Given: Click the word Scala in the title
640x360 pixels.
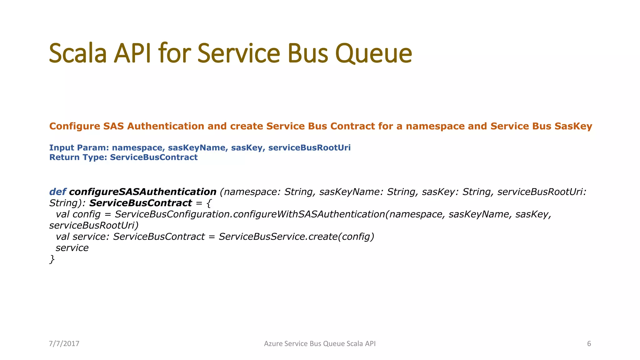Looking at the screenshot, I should (x=78, y=53).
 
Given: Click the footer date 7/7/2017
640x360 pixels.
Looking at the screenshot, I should (x=64, y=344).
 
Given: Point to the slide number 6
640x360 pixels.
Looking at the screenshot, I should (x=589, y=344).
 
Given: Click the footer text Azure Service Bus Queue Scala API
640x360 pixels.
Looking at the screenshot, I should (x=320, y=344).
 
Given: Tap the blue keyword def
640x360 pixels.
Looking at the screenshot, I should (x=57, y=192).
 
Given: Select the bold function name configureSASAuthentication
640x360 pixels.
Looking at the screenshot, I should (x=142, y=192).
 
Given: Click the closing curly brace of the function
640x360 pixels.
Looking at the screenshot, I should (x=52, y=259).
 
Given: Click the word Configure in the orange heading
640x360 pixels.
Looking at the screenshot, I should (x=74, y=126).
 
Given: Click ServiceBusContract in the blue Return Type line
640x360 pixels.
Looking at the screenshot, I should (x=153, y=157).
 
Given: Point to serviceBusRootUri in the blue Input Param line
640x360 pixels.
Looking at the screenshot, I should (x=309, y=148).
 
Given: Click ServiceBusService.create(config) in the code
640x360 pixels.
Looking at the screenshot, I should (x=296, y=237).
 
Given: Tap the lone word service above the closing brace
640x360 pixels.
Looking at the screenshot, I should (x=72, y=248).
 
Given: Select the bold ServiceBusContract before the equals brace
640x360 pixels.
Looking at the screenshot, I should (x=140, y=203).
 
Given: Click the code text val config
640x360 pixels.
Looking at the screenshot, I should (x=78, y=214).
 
